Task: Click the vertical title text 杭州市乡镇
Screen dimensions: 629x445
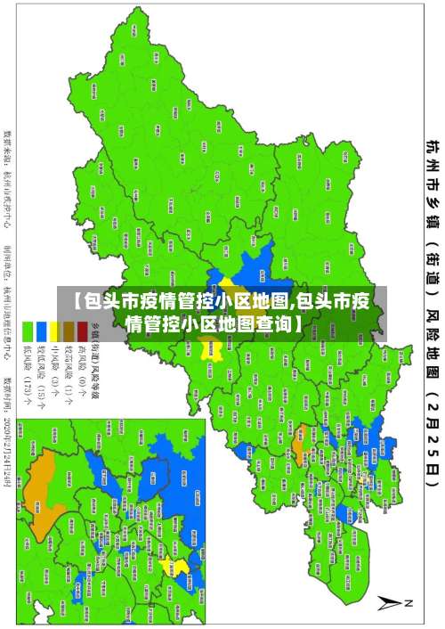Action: pyautogui.click(x=432, y=178)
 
